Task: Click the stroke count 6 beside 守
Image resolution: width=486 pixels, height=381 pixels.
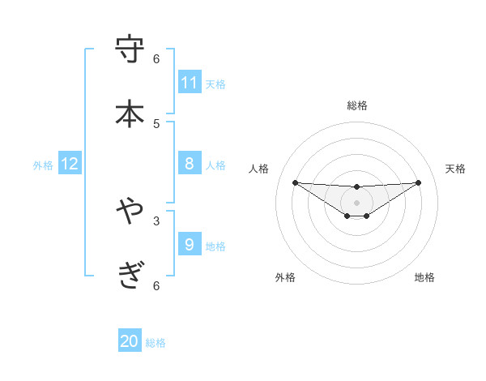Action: (156, 58)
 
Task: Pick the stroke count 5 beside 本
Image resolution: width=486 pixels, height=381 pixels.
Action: (156, 123)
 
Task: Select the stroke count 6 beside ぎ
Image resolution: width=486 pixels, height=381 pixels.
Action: (156, 285)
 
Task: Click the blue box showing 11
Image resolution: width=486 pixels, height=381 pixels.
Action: (190, 82)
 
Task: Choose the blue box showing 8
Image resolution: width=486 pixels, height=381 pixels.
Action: (190, 164)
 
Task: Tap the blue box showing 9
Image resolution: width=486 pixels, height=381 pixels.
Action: (190, 244)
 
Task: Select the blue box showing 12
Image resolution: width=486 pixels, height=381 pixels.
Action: (70, 164)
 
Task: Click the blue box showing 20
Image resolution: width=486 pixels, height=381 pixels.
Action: (130, 341)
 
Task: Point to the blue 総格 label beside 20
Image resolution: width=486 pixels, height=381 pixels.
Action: (156, 343)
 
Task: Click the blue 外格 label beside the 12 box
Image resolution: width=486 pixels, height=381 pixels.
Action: (43, 165)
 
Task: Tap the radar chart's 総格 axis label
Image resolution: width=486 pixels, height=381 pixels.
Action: (357, 105)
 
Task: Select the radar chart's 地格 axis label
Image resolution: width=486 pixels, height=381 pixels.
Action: (424, 277)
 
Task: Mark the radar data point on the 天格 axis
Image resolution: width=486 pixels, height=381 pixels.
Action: (418, 182)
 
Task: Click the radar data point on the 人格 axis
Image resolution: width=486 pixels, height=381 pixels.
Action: (295, 182)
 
